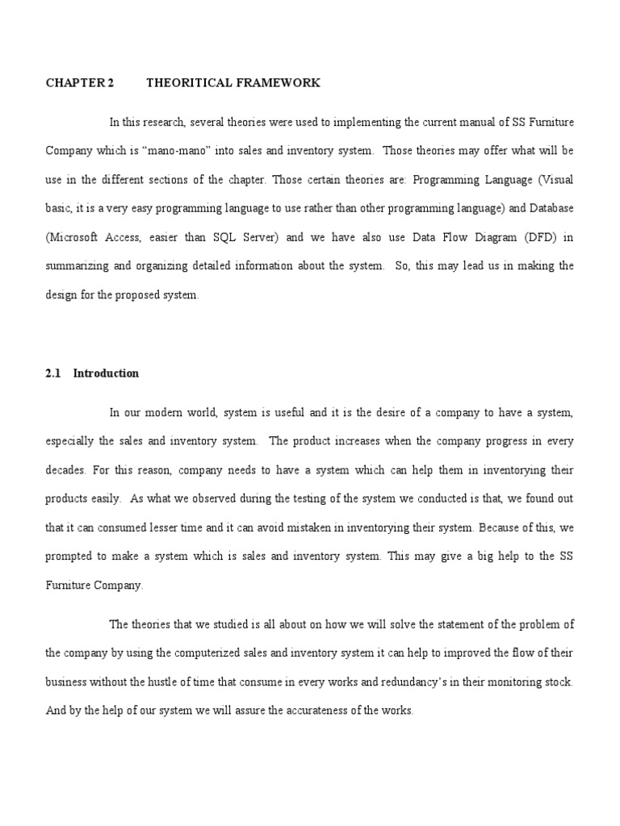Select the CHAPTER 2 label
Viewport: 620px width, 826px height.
pyautogui.click(x=80, y=83)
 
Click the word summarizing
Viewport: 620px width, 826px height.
pyautogui.click(x=78, y=266)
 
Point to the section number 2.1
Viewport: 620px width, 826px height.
pyautogui.click(x=53, y=373)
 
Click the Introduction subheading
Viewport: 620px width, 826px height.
pyautogui.click(x=106, y=373)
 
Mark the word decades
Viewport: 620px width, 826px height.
pyautogui.click(x=65, y=469)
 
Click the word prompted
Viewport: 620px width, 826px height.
pyautogui.click(x=70, y=557)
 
